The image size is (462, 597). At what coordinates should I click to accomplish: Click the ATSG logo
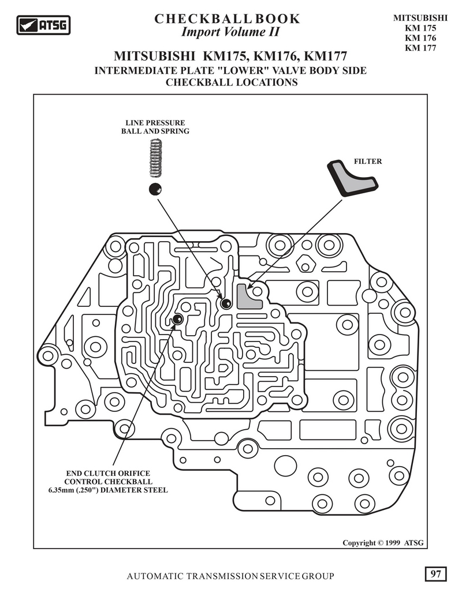pos(43,25)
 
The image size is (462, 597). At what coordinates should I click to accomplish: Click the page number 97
pos(435,574)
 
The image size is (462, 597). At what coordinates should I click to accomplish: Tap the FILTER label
pos(367,162)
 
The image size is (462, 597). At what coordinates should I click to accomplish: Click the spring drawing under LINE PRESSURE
pos(155,158)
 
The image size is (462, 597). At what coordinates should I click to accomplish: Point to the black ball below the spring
pos(155,189)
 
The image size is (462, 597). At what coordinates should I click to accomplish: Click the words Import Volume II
pos(230,32)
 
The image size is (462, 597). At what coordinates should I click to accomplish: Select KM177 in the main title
pos(326,56)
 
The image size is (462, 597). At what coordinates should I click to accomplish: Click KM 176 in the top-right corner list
pos(420,37)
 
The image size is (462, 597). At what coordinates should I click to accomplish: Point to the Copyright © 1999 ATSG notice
pos(383,543)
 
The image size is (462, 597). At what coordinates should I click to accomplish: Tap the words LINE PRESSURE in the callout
pos(155,123)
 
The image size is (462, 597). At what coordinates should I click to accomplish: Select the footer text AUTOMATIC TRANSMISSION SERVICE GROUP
pos(230,576)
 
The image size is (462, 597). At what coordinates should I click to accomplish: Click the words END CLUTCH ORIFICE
pos(108,473)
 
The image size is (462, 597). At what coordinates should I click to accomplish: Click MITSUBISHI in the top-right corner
pos(420,18)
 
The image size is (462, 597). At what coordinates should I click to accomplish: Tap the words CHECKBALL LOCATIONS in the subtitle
pos(232,82)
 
